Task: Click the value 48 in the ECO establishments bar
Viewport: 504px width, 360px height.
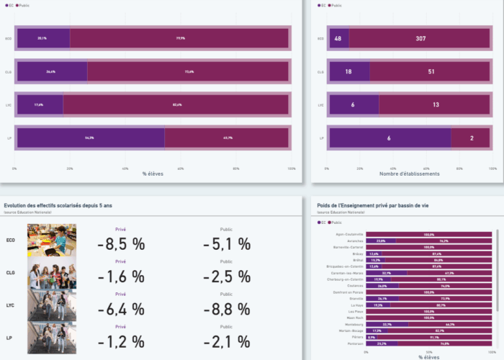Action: tap(338, 38)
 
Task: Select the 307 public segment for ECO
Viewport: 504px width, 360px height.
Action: tap(420, 38)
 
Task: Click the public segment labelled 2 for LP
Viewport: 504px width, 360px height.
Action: tap(471, 138)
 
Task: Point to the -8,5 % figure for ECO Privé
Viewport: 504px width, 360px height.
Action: tap(121, 244)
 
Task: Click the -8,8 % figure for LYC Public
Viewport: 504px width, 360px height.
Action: tap(226, 310)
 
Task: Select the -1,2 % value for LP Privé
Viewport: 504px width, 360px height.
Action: tap(121, 341)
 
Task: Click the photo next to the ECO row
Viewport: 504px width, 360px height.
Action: tap(52, 240)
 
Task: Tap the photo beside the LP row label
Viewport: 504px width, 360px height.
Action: tap(52, 338)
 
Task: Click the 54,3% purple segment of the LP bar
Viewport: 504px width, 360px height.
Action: tap(89, 138)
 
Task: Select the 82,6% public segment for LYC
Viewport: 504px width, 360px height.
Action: tap(176, 104)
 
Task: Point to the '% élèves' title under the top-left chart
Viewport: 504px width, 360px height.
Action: tap(153, 174)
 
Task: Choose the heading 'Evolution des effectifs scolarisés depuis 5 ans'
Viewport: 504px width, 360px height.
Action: tap(58, 206)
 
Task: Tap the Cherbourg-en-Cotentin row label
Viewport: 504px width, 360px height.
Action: tap(346, 279)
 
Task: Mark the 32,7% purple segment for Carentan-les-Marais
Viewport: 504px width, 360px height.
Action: tap(387, 273)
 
